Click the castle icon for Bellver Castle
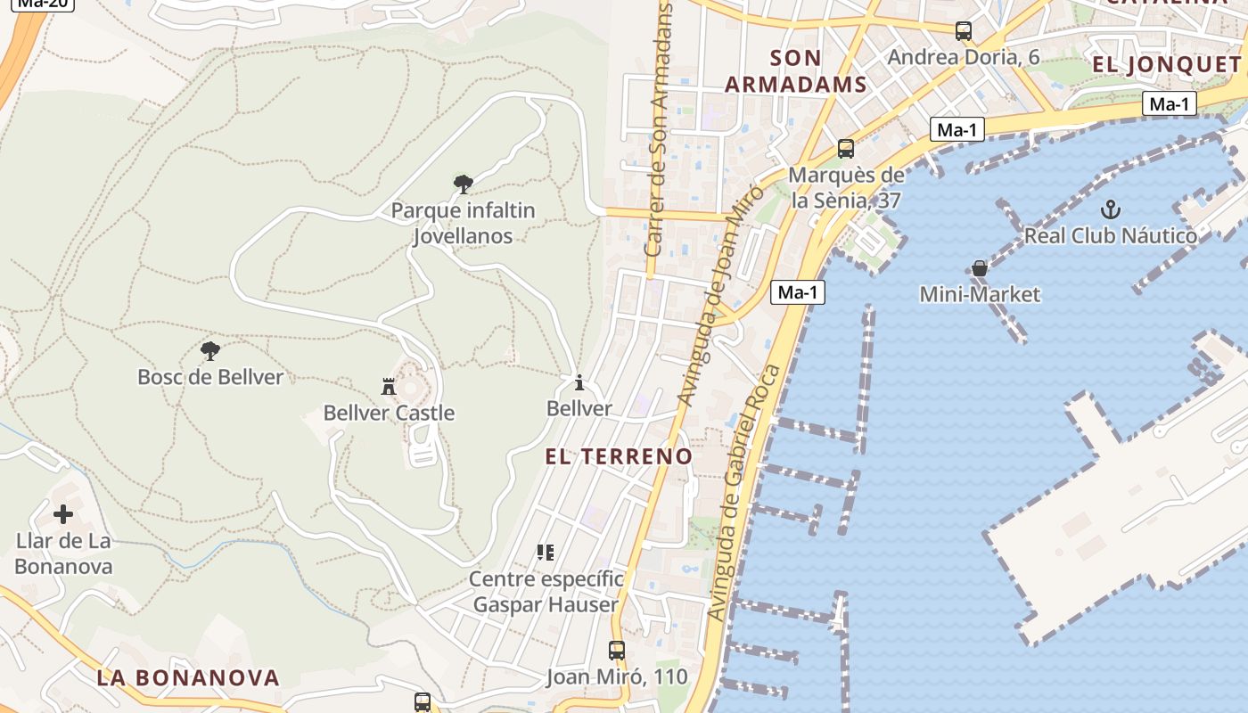point(388,387)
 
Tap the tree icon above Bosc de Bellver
point(210,350)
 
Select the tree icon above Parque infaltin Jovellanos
point(463,184)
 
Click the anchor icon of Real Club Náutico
point(1110,210)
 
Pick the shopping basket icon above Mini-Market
point(980,268)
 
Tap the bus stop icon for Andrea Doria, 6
point(964,31)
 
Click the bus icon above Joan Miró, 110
point(616,651)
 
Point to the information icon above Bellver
point(579,383)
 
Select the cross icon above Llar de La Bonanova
point(63,514)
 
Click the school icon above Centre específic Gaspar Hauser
point(546,553)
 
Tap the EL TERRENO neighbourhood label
point(619,456)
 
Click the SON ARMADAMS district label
point(795,71)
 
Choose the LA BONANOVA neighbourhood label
point(188,677)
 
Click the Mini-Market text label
point(980,294)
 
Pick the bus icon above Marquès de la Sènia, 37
point(845,149)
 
